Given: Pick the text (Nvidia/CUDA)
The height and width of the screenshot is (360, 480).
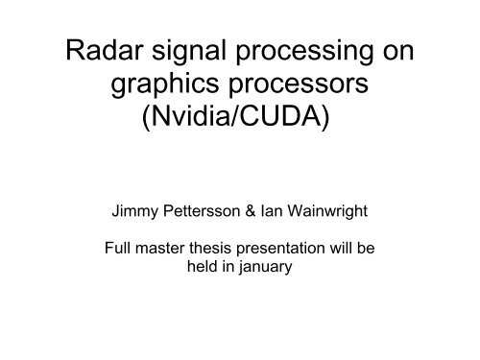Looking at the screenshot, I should (x=235, y=122).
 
